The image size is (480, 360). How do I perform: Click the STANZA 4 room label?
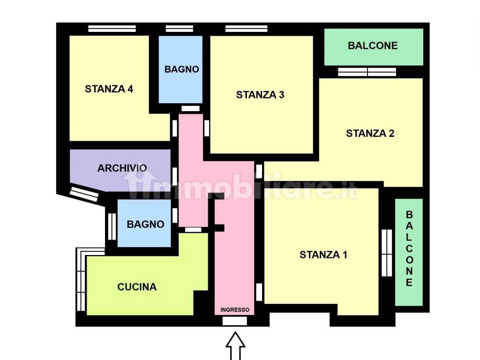tap(109, 89)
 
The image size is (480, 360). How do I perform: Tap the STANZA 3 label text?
tap(260, 95)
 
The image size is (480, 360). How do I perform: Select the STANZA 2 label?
tap(370, 134)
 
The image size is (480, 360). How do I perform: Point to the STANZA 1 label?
tap(323, 255)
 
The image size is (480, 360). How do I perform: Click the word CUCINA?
tap(137, 287)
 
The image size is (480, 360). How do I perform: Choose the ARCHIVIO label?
tap(122, 168)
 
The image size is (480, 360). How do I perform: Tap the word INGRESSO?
tap(235, 310)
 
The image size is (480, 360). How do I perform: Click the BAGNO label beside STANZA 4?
tap(182, 69)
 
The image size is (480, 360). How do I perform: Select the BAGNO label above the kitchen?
tap(145, 224)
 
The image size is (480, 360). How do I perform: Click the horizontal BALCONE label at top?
tap(373, 45)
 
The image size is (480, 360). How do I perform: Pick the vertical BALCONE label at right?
tap(409, 248)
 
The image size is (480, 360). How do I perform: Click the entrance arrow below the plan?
tap(235, 345)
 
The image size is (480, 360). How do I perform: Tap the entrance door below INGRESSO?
tap(234, 321)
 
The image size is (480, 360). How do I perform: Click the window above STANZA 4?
tap(112, 29)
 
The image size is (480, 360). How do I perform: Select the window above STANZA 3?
tap(247, 29)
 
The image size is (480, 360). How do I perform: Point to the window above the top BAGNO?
tap(180, 29)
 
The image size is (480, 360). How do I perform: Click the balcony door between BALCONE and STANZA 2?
tap(367, 72)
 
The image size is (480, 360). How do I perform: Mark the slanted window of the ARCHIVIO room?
tap(84, 195)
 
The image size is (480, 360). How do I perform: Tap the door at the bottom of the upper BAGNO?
tap(190, 108)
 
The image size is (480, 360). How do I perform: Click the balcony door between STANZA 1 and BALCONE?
tap(387, 253)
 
